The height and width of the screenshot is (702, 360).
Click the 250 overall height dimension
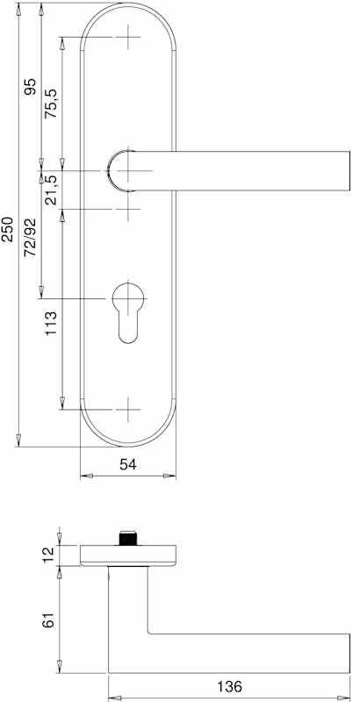[x=8, y=229]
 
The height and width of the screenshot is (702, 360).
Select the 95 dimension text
[x=30, y=86]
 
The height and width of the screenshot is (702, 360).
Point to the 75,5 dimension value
[x=51, y=104]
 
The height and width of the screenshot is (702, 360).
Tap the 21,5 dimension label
[x=51, y=190]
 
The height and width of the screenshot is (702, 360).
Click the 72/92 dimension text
[x=30, y=238]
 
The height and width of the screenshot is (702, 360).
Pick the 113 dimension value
[x=51, y=323]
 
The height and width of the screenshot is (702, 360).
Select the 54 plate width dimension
[x=127, y=465]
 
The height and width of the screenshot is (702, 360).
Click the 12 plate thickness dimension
[x=50, y=555]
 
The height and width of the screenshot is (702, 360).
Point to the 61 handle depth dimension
[x=50, y=620]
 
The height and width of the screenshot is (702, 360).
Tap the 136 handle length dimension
[x=229, y=686]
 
